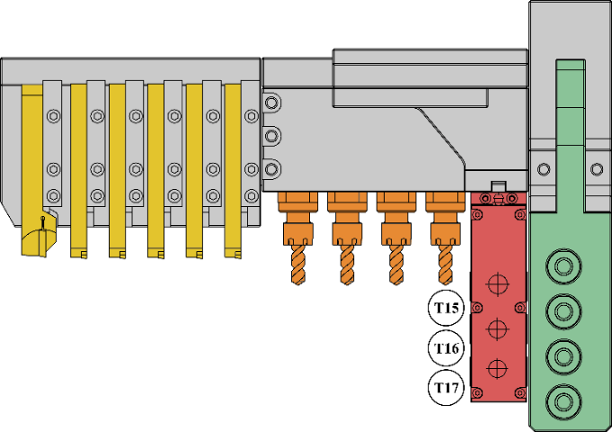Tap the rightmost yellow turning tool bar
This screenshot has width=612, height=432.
click(233, 171)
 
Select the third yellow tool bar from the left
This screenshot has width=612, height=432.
click(117, 171)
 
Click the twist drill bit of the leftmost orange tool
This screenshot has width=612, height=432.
click(298, 265)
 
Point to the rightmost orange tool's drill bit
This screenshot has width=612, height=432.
click(444, 265)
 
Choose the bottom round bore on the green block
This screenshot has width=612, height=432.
click(563, 400)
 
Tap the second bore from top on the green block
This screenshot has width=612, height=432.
click(563, 310)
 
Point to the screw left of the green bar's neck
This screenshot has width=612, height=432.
click(543, 168)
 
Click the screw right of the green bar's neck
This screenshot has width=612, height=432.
click(597, 168)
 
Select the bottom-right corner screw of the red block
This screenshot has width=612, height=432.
click(519, 392)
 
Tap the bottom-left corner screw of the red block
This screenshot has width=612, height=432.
click(475, 392)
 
